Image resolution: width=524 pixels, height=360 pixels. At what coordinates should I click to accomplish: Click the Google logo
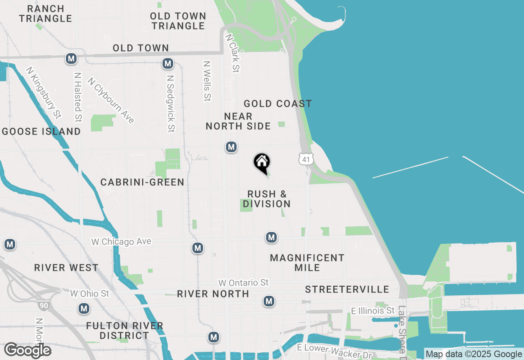click(27, 350)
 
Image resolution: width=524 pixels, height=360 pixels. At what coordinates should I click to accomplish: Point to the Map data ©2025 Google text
click(474, 354)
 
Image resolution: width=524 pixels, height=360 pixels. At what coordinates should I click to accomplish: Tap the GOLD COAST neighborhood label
click(278, 103)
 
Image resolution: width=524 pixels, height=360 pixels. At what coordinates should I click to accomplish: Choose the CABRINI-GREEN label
click(142, 182)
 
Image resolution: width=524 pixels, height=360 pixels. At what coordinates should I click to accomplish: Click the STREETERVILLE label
click(347, 289)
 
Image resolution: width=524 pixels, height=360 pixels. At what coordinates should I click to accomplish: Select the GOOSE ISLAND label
click(41, 131)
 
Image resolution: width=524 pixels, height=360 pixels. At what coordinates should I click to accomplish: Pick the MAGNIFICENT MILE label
click(307, 263)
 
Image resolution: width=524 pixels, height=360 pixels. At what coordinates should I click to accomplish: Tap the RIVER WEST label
click(66, 268)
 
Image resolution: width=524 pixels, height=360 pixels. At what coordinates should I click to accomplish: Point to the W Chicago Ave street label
click(121, 242)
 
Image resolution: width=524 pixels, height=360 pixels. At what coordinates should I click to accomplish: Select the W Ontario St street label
click(243, 283)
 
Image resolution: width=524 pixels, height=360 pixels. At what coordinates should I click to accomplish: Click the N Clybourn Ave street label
click(111, 101)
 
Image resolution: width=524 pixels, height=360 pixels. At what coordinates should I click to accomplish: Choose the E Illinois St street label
click(373, 311)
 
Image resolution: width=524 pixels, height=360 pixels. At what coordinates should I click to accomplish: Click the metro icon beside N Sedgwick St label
click(167, 63)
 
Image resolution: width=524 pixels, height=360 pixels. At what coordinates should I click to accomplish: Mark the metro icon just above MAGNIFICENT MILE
click(271, 237)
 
